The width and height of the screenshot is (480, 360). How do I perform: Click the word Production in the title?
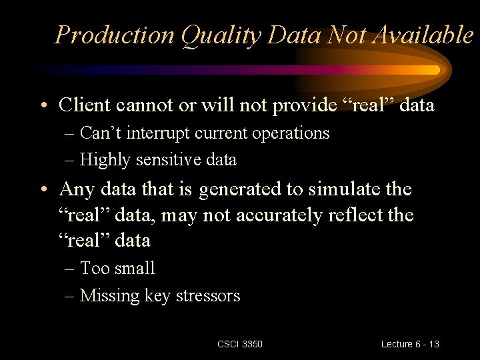pos(115,35)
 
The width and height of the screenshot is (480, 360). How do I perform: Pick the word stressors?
pos(207,296)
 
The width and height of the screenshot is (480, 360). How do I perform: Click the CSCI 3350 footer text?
pos(240,344)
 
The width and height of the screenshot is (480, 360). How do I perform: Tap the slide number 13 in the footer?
pos(433,344)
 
